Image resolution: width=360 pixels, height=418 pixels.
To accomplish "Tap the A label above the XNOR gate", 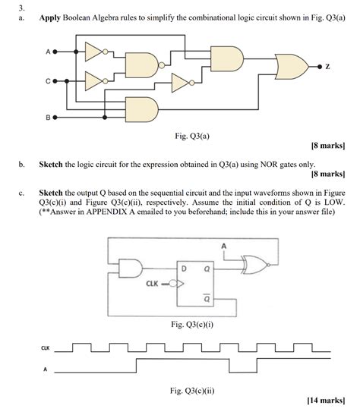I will point(224,246).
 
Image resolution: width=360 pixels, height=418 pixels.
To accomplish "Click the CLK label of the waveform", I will point(45,348).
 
